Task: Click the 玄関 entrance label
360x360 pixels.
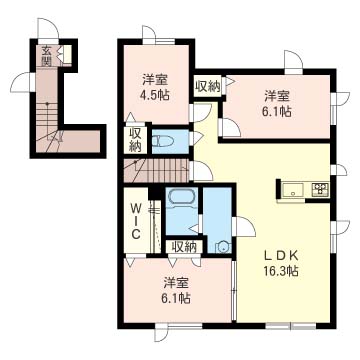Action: click(x=46, y=56)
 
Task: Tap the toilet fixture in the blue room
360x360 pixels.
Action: click(x=163, y=141)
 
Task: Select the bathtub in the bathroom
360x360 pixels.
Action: click(x=181, y=197)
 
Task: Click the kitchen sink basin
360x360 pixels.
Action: click(x=293, y=191)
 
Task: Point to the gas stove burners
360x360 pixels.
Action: click(x=320, y=189)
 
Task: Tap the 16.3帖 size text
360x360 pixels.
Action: click(x=280, y=270)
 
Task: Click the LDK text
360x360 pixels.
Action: click(x=281, y=255)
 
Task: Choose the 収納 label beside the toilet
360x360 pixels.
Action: click(x=135, y=140)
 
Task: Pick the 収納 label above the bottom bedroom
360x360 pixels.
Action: click(x=183, y=247)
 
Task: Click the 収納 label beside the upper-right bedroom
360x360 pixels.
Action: click(x=208, y=86)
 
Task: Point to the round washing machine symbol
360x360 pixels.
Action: click(x=222, y=247)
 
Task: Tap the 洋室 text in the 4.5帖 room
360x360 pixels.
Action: click(x=155, y=80)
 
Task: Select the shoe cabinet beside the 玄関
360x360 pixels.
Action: click(x=67, y=54)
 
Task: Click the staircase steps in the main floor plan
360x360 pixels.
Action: click(x=156, y=171)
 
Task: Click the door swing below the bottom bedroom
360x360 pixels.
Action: click(x=161, y=333)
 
